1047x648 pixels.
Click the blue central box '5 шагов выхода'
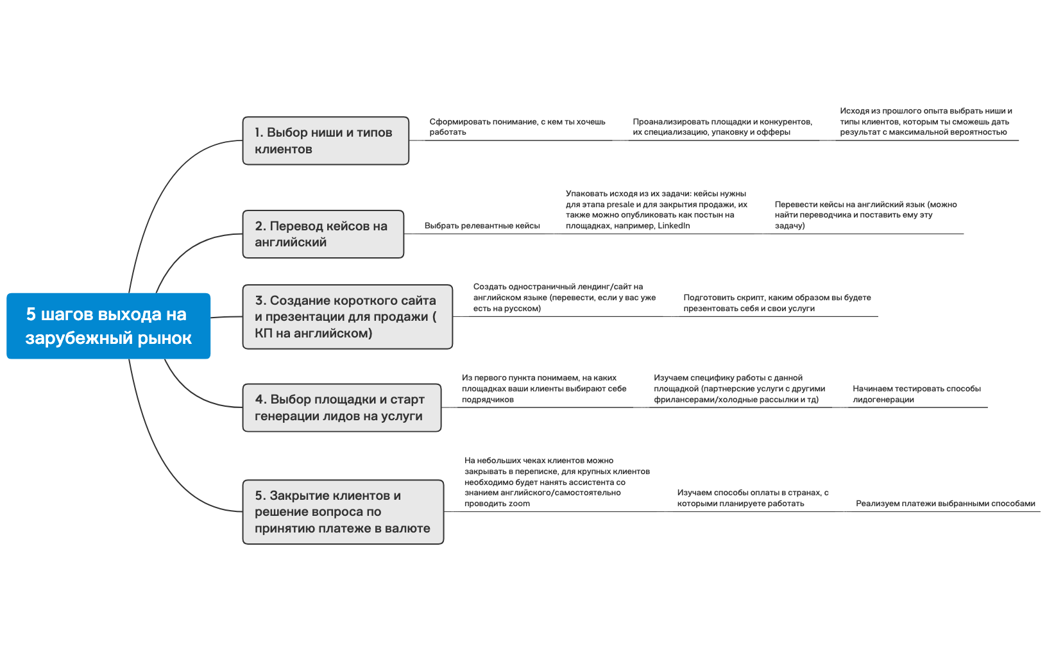pyautogui.click(x=108, y=326)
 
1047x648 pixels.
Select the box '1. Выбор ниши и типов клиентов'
pyautogui.click(x=325, y=141)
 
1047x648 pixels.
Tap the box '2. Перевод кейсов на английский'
pyautogui.click(x=323, y=234)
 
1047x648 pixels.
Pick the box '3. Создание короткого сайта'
pyautogui.click(x=347, y=317)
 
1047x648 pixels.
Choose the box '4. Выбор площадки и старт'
pyautogui.click(x=341, y=407)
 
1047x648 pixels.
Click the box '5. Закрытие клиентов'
pyautogui.click(x=343, y=512)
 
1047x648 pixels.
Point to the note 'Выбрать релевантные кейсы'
pyautogui.click(x=482, y=226)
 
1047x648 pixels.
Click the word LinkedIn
pyautogui.click(x=674, y=226)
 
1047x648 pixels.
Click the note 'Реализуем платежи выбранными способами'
pyautogui.click(x=945, y=504)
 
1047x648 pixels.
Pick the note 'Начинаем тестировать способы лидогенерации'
pyautogui.click(x=916, y=394)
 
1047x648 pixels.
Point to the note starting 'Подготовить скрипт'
pyautogui.click(x=777, y=303)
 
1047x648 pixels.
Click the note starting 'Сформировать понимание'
pyautogui.click(x=517, y=126)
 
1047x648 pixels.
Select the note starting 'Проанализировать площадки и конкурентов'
pyautogui.click(x=722, y=126)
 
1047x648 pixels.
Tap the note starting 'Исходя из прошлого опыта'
pyautogui.click(x=926, y=121)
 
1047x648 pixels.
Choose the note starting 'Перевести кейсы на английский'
pyautogui.click(x=865, y=215)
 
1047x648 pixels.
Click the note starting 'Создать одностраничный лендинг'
pyautogui.click(x=564, y=298)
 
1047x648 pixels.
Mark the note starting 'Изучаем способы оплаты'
pyautogui.click(x=753, y=498)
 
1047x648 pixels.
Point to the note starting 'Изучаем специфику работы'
pyautogui.click(x=739, y=389)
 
